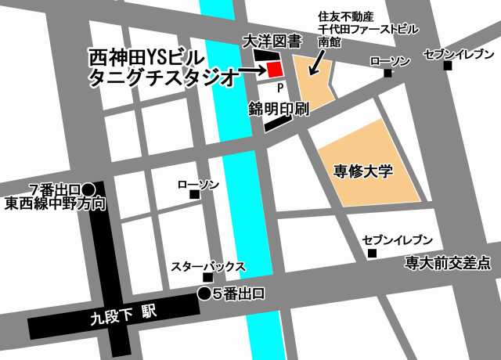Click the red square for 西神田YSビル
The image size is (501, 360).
coord(274,70)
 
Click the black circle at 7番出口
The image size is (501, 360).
coord(88,189)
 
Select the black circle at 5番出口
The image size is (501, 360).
coord(204,294)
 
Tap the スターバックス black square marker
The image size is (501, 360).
coord(207,278)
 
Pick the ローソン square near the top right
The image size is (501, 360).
coord(387,74)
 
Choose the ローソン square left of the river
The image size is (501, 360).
coord(194,194)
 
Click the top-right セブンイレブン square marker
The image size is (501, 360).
coord(447,66)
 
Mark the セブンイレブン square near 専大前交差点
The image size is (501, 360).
coord(372,253)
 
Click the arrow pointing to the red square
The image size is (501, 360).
coord(251,70)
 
